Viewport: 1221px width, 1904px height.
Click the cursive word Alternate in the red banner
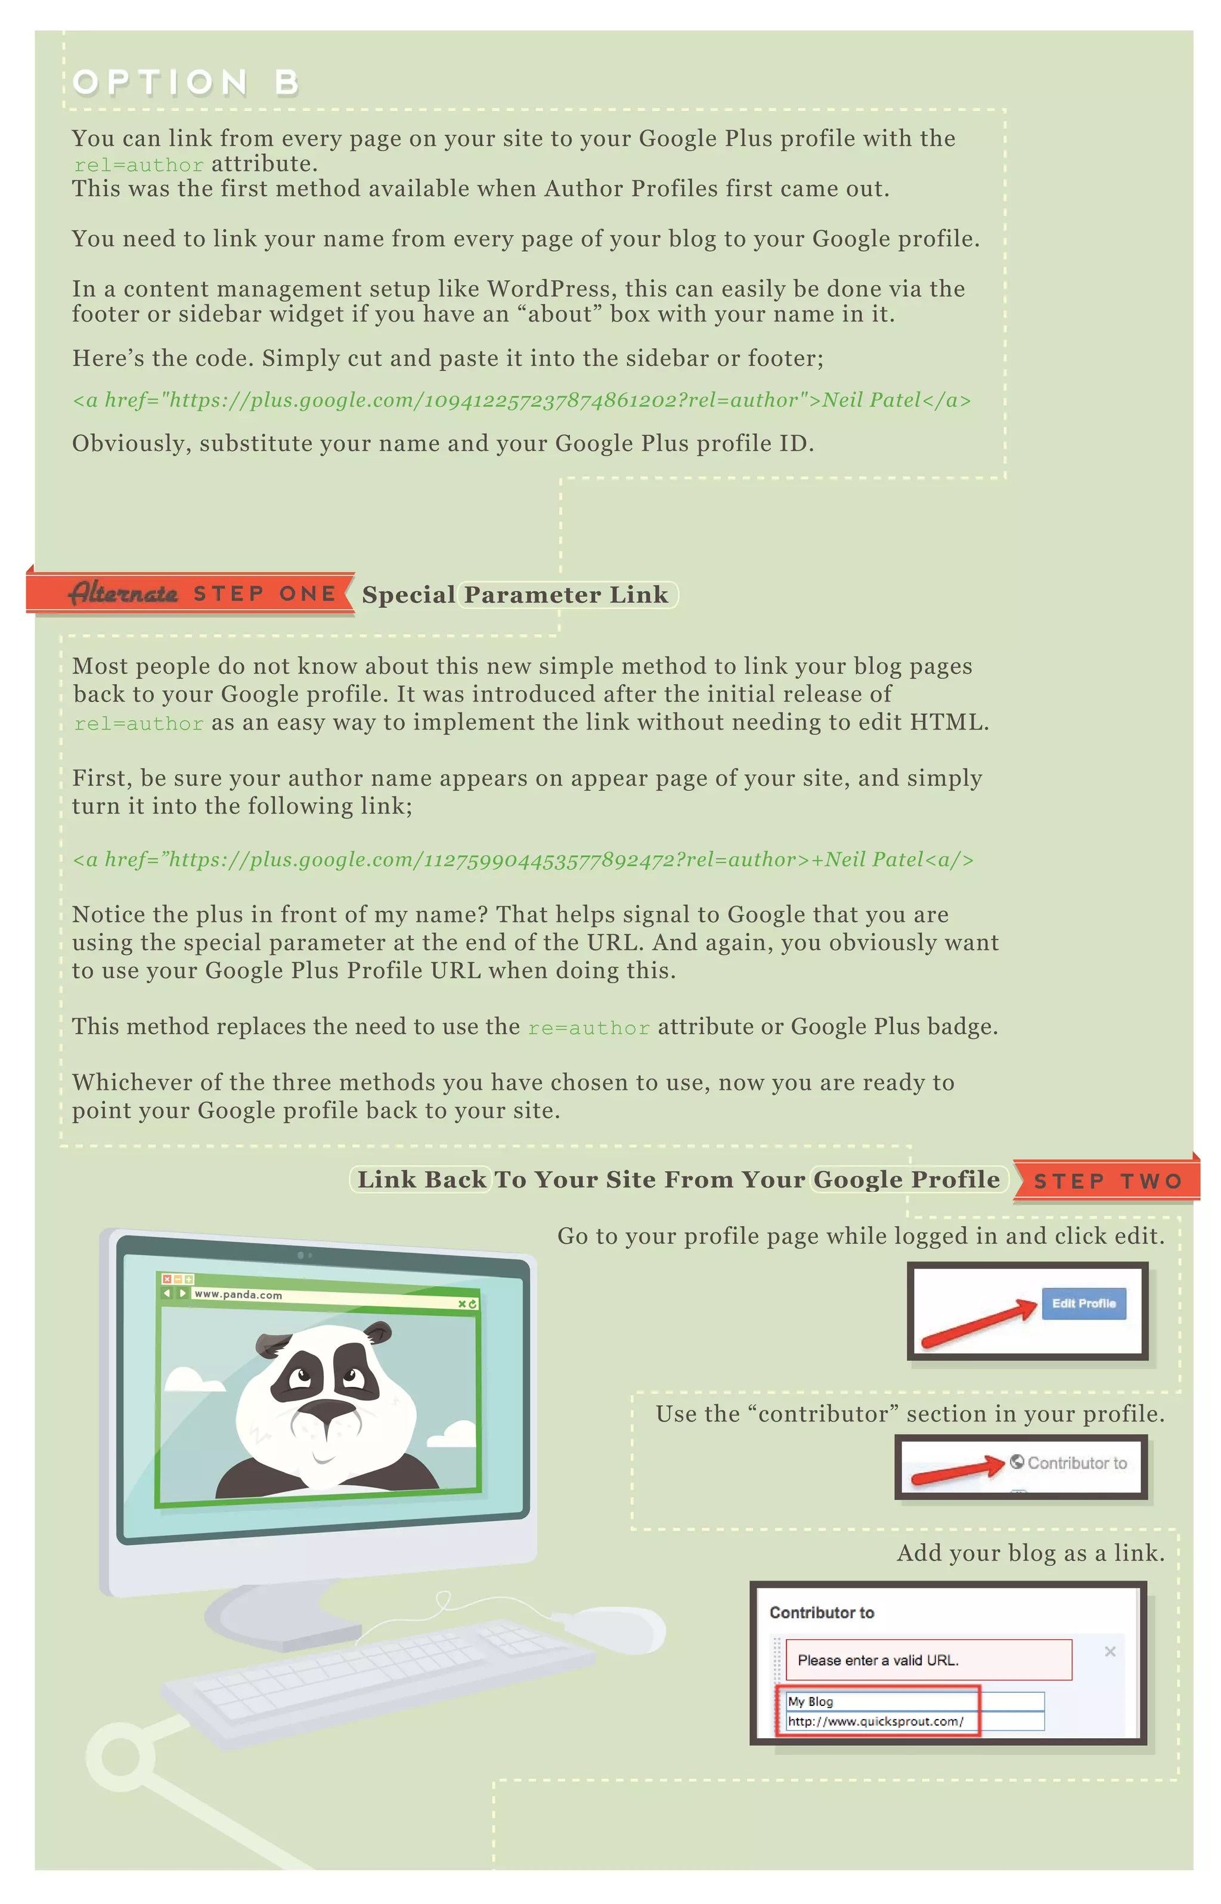(x=123, y=593)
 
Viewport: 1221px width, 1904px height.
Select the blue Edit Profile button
(x=1083, y=1304)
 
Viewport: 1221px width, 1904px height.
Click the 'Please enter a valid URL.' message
(x=878, y=1660)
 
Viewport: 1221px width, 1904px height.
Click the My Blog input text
(x=810, y=1701)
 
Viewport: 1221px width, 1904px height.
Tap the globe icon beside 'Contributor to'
(x=1017, y=1461)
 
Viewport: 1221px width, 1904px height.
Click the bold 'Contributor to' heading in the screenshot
(x=822, y=1612)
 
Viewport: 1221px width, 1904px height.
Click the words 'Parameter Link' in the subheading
(x=566, y=595)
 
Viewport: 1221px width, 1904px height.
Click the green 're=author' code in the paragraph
(x=588, y=1028)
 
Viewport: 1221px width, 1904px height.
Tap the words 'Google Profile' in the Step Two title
(x=906, y=1179)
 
